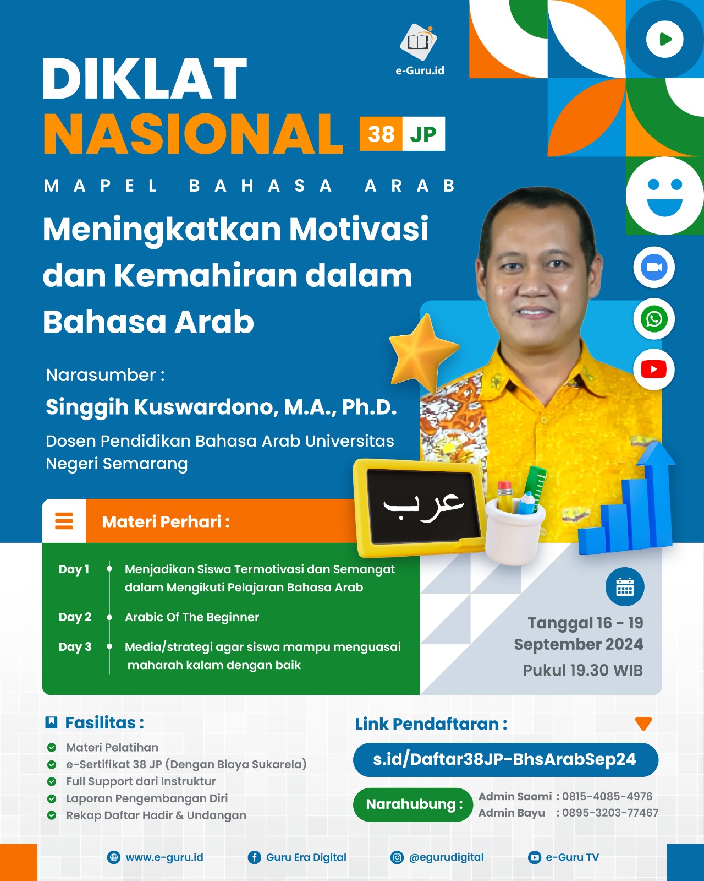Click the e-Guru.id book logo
pos(419,42)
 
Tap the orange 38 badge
pos(381,134)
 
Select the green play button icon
pos(664,39)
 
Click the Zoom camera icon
pos(654,268)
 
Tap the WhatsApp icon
pos(654,319)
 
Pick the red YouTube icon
pos(654,369)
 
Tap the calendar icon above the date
pos(625,587)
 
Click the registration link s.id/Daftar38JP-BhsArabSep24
pos(505,760)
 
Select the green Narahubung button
pos(413,804)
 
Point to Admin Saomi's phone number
pos(607,796)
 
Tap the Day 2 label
pos(75,617)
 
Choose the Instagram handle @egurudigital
pos(446,857)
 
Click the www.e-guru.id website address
pos(164,857)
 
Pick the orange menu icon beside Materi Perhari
pos(64,521)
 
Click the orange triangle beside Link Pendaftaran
pos(643,724)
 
